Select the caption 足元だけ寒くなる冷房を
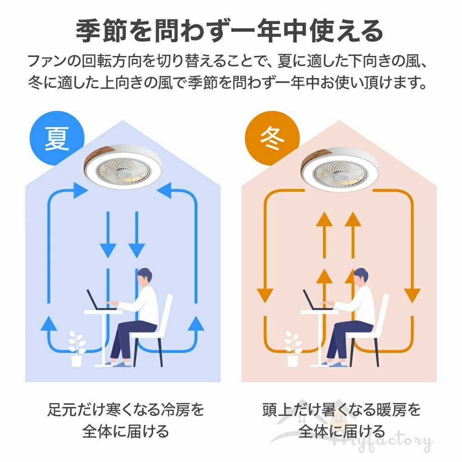click(x=126, y=409)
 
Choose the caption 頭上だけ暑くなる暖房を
click(x=341, y=409)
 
